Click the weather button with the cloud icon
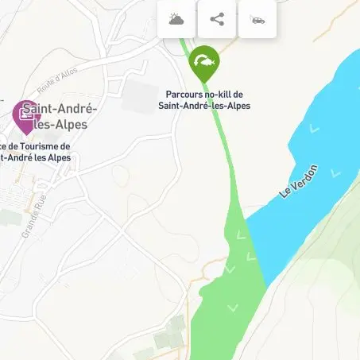tap(176, 19)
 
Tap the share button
tap(217, 19)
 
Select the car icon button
tap(257, 19)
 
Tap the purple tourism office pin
tap(27, 117)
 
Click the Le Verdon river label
tap(300, 182)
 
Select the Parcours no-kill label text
tap(205, 99)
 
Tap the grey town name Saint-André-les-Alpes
tap(56, 117)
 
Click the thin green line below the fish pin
tap(219, 127)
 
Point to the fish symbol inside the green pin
tap(204, 60)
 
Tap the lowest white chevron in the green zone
tap(233, 308)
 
